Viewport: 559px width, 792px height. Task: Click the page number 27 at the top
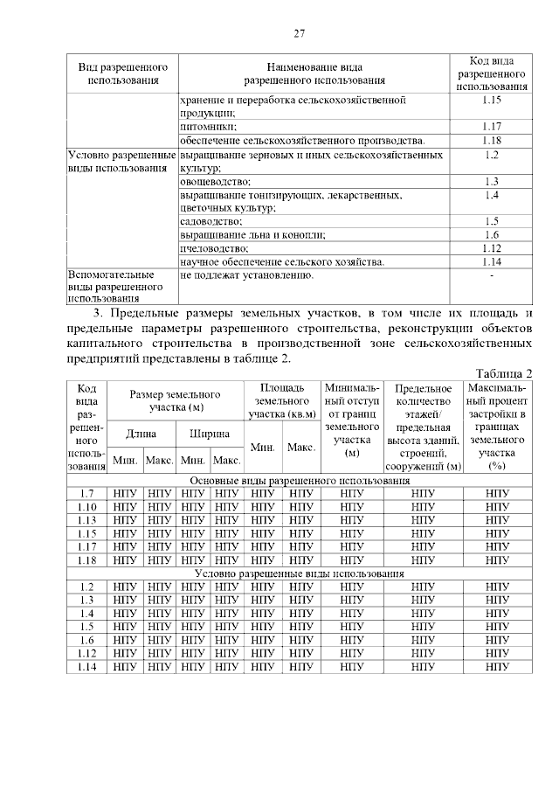[x=299, y=34]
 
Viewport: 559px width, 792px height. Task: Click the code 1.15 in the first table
[x=491, y=101]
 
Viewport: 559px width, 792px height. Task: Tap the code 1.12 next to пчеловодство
[x=491, y=248]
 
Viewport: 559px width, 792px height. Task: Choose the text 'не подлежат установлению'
[x=245, y=274]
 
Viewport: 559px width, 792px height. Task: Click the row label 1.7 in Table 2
[x=86, y=494]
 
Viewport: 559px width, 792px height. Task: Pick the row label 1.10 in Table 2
[x=86, y=507]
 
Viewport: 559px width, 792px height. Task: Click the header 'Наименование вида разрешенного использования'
[x=314, y=73]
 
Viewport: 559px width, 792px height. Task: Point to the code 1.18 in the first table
[x=491, y=141]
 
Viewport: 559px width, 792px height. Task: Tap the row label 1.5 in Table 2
[x=86, y=627]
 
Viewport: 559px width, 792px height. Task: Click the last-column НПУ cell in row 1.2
[x=498, y=587]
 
